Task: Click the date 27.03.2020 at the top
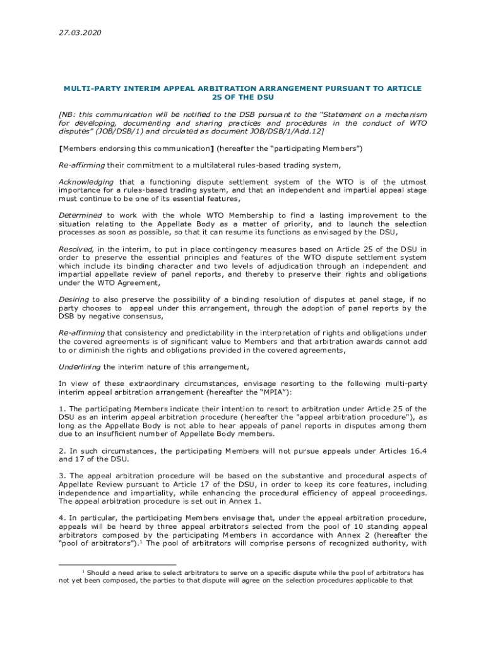(80, 32)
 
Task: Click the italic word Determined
(80, 215)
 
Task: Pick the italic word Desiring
(74, 299)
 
